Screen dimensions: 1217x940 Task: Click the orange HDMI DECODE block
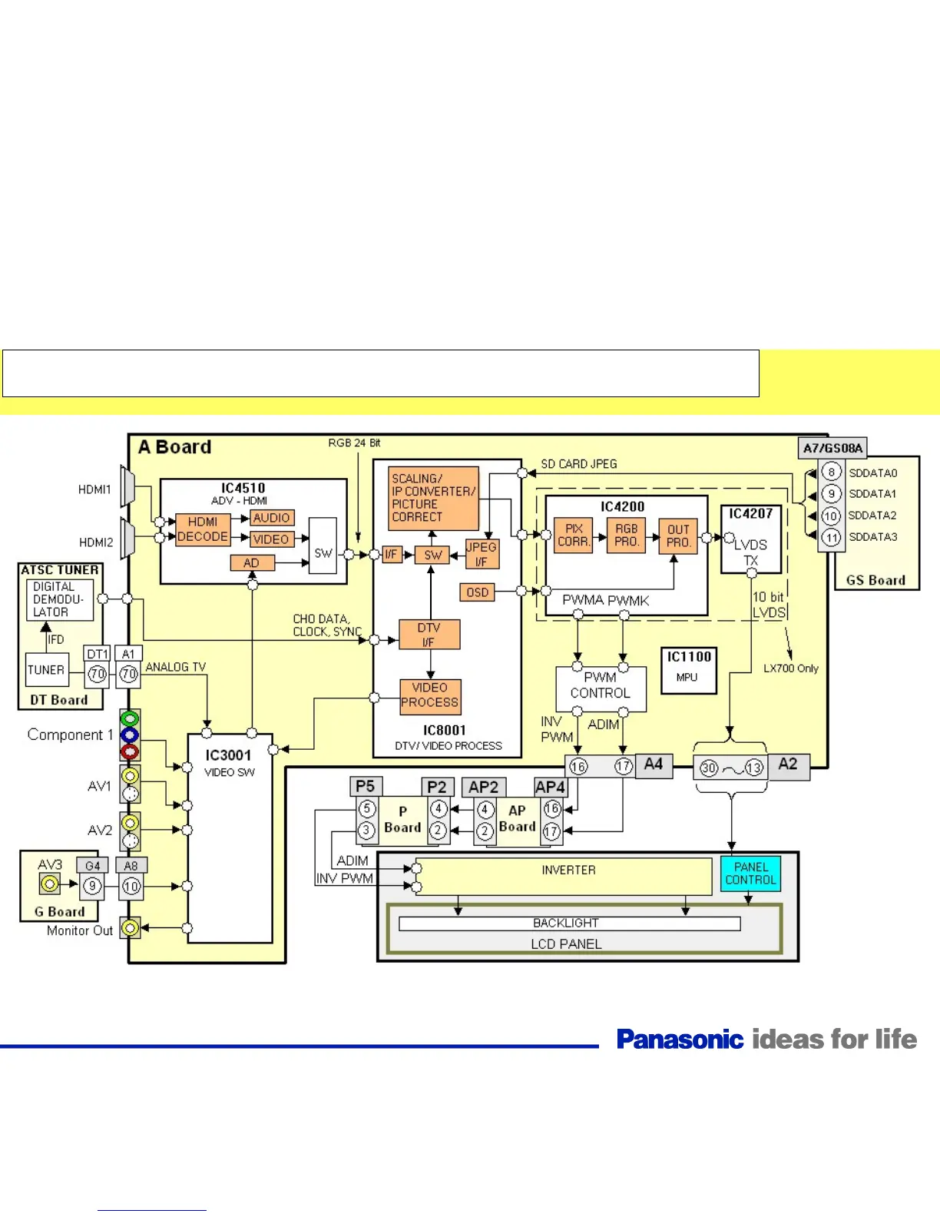(203, 529)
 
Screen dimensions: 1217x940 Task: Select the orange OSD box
(478, 592)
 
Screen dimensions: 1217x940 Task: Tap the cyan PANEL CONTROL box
(750, 874)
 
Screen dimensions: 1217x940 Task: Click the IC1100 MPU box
(689, 670)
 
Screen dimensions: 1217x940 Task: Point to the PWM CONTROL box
(601, 685)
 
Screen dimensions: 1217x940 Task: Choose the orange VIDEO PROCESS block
(430, 695)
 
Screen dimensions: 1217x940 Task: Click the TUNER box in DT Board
(46, 670)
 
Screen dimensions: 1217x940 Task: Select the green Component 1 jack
(130, 719)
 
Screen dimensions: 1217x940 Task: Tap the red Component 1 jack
(130, 751)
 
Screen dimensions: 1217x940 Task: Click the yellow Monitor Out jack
(131, 928)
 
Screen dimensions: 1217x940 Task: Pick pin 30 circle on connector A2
(709, 768)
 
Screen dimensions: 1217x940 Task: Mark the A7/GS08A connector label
(832, 448)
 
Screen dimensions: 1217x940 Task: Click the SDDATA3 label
(872, 537)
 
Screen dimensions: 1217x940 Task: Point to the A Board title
(174, 447)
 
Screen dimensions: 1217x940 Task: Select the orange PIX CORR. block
(574, 535)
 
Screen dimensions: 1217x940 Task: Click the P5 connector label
(366, 786)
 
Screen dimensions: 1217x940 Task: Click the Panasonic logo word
(680, 1040)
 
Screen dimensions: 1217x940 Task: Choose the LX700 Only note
(791, 668)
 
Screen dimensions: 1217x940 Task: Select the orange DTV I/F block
(429, 635)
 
